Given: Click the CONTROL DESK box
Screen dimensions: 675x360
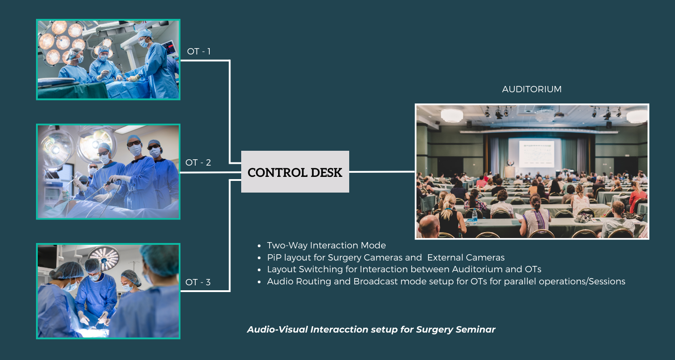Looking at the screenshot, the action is click(295, 171).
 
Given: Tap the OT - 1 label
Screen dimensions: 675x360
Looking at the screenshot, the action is click(198, 51).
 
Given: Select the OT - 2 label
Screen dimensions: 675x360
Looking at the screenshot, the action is click(198, 163).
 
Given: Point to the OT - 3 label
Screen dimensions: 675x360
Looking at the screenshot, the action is click(198, 282).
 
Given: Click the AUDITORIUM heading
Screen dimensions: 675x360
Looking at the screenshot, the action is click(532, 89).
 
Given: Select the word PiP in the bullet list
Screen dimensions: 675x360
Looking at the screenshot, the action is click(274, 257).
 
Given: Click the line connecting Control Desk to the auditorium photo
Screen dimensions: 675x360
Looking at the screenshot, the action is click(382, 172).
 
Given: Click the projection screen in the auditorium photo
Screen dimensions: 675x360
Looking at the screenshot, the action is click(537, 153).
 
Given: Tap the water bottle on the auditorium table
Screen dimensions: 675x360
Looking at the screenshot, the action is click(475, 216).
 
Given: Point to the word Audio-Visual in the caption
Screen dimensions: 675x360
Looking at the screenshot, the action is click(277, 329).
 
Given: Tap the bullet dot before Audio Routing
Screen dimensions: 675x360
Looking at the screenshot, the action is click(259, 282).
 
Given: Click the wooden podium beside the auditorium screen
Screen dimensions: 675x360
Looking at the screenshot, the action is click(510, 172).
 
